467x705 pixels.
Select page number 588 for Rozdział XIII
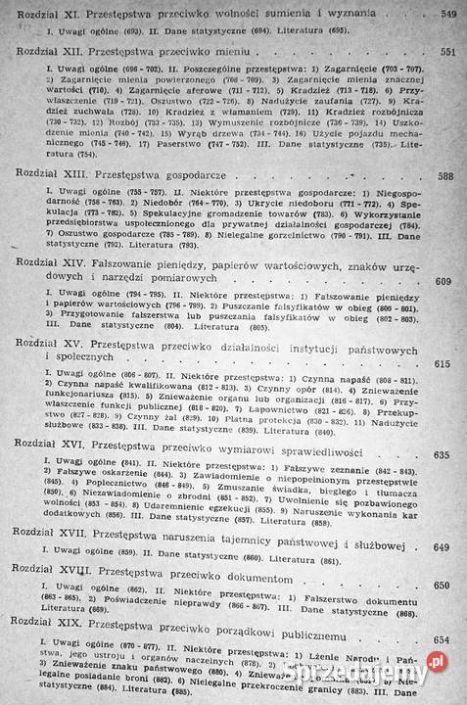coord(447,177)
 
